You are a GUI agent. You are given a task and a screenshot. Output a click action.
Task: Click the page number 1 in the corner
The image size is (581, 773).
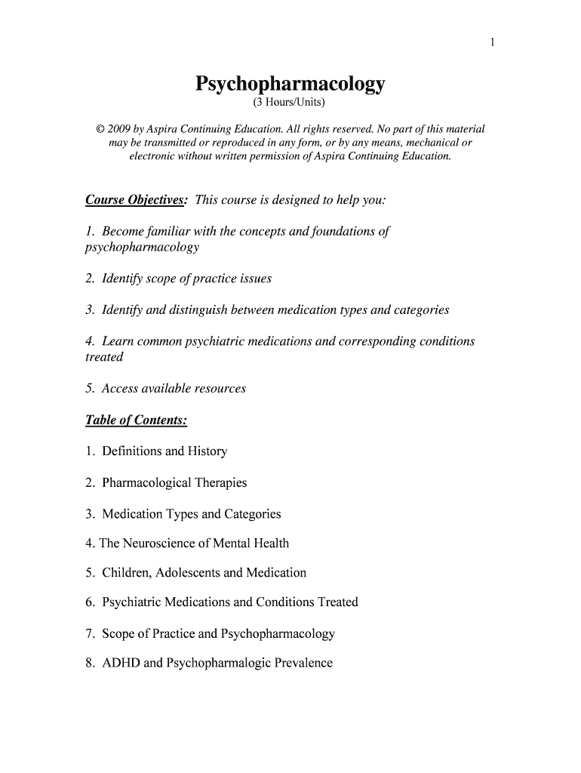[491, 42]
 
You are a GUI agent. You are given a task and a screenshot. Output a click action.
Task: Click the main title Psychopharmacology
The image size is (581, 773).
[290, 83]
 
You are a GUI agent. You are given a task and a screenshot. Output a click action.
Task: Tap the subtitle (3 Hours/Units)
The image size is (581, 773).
[290, 102]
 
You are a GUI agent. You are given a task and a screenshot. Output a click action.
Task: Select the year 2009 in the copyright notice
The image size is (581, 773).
[120, 129]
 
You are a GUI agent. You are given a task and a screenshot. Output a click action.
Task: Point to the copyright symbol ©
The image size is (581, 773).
[100, 129]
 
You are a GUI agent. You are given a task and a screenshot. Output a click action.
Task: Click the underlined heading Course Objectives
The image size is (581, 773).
[135, 200]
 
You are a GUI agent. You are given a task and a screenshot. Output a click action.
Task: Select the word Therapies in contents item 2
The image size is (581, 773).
[220, 483]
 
